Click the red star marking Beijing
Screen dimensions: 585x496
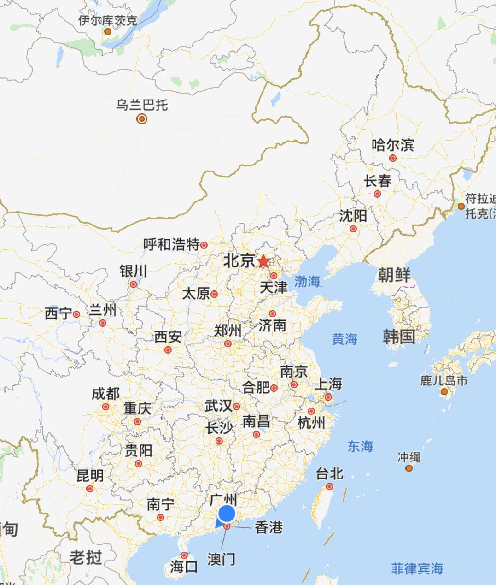263,261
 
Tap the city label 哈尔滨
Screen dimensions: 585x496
393,145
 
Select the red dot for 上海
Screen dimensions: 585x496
328,397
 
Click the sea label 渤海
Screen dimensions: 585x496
307,281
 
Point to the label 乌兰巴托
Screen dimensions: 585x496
142,105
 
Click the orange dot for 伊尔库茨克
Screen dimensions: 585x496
108,32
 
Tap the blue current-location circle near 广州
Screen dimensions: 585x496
227,514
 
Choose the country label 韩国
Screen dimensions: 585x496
399,337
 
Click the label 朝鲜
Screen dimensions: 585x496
394,275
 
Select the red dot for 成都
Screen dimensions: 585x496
106,407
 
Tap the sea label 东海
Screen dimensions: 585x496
360,446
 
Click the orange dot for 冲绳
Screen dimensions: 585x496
409,468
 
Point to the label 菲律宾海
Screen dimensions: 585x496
417,568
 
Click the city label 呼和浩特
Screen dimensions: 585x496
171,244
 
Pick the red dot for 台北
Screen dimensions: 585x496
329,487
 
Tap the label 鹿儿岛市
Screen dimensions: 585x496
444,381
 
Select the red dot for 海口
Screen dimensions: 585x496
184,555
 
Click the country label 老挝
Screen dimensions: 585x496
86,557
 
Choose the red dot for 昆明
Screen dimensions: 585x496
90,489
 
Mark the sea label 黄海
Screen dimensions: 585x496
344,339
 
